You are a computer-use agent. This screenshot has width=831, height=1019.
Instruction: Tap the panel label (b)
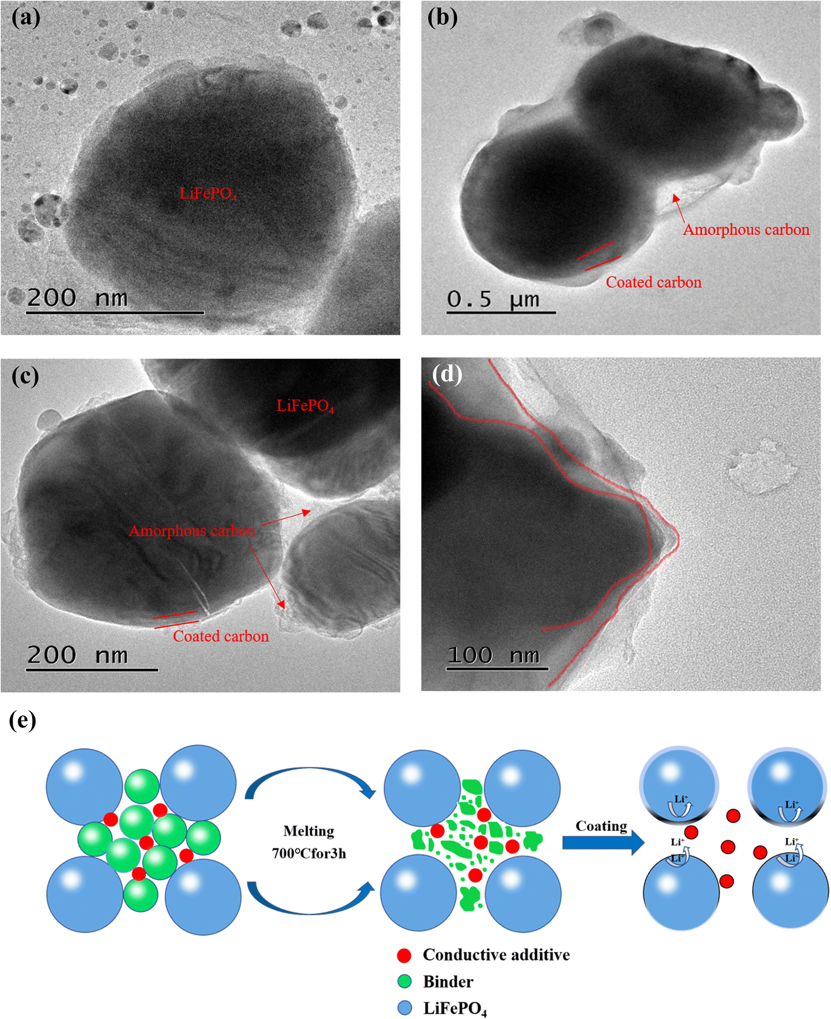[x=442, y=18]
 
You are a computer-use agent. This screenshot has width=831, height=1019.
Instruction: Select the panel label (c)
[x=25, y=377]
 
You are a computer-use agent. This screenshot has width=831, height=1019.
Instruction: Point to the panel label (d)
[x=447, y=374]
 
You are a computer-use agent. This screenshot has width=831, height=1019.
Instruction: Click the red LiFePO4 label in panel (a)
[x=208, y=194]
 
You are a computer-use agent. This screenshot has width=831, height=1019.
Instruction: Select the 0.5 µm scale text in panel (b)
[x=493, y=300]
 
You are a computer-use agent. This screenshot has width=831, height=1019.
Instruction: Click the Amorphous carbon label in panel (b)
[x=746, y=229]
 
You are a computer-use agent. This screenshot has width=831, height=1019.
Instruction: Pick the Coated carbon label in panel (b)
[x=653, y=282]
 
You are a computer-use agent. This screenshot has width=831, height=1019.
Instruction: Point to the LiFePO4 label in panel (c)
[x=305, y=406]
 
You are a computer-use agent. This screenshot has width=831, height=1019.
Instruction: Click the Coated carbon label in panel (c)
[x=220, y=636]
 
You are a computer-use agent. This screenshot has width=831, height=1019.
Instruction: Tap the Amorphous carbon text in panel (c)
[x=192, y=531]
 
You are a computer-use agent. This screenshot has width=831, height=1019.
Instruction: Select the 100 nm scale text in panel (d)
[x=493, y=656]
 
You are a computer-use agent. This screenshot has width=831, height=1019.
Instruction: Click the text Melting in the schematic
[x=309, y=831]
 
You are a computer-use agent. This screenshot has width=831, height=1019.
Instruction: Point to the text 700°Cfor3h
[x=309, y=853]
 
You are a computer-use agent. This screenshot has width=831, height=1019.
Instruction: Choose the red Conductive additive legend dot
[x=404, y=955]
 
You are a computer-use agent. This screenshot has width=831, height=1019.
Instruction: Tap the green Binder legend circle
[x=405, y=982]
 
